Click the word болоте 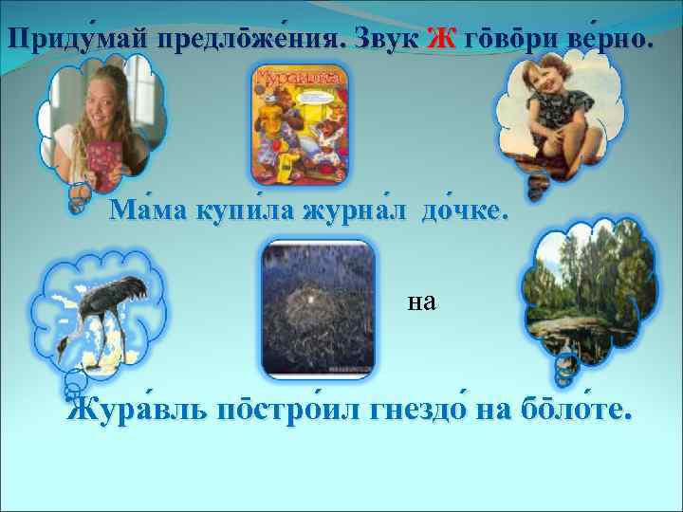tap(574, 413)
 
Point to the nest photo tap(319, 305)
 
